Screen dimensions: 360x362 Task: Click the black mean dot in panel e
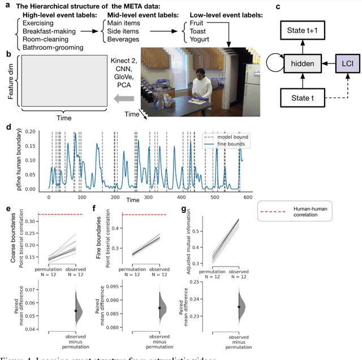76,311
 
